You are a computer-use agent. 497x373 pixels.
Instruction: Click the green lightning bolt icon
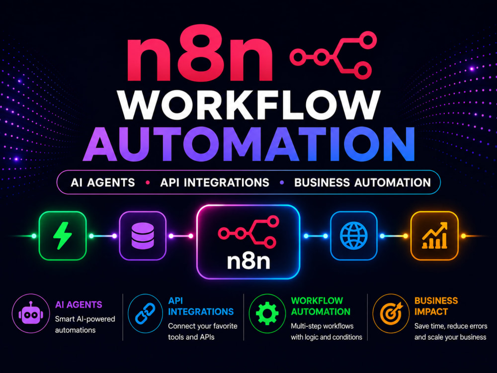click(x=63, y=236)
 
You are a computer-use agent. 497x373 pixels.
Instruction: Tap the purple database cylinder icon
click(x=143, y=236)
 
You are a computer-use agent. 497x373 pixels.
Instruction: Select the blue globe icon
click(x=354, y=236)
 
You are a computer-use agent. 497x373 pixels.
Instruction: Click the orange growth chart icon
click(x=434, y=235)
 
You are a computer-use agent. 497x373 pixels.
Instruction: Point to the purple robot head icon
click(x=31, y=313)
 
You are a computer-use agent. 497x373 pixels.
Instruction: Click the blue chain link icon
click(x=145, y=313)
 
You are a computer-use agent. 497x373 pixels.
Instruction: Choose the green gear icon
click(x=267, y=313)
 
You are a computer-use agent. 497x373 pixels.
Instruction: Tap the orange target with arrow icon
click(x=391, y=313)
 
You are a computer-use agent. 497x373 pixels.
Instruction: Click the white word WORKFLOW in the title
click(x=249, y=105)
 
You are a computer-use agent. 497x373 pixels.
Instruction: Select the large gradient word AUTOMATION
click(x=249, y=144)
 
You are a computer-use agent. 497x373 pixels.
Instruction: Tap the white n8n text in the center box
click(x=248, y=262)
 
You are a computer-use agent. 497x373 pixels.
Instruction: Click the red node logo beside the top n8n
click(x=333, y=55)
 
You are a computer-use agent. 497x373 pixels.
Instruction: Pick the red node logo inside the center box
click(x=248, y=232)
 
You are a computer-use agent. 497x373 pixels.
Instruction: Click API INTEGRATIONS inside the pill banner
click(x=215, y=183)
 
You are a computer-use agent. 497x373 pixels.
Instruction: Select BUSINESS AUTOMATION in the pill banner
click(x=362, y=183)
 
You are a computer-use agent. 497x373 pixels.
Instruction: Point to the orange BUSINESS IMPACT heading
click(x=436, y=306)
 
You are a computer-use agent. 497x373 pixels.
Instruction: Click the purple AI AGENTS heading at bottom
click(x=79, y=305)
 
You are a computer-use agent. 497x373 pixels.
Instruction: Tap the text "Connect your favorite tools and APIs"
click(x=203, y=331)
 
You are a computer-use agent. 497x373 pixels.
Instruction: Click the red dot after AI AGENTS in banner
click(x=148, y=183)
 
